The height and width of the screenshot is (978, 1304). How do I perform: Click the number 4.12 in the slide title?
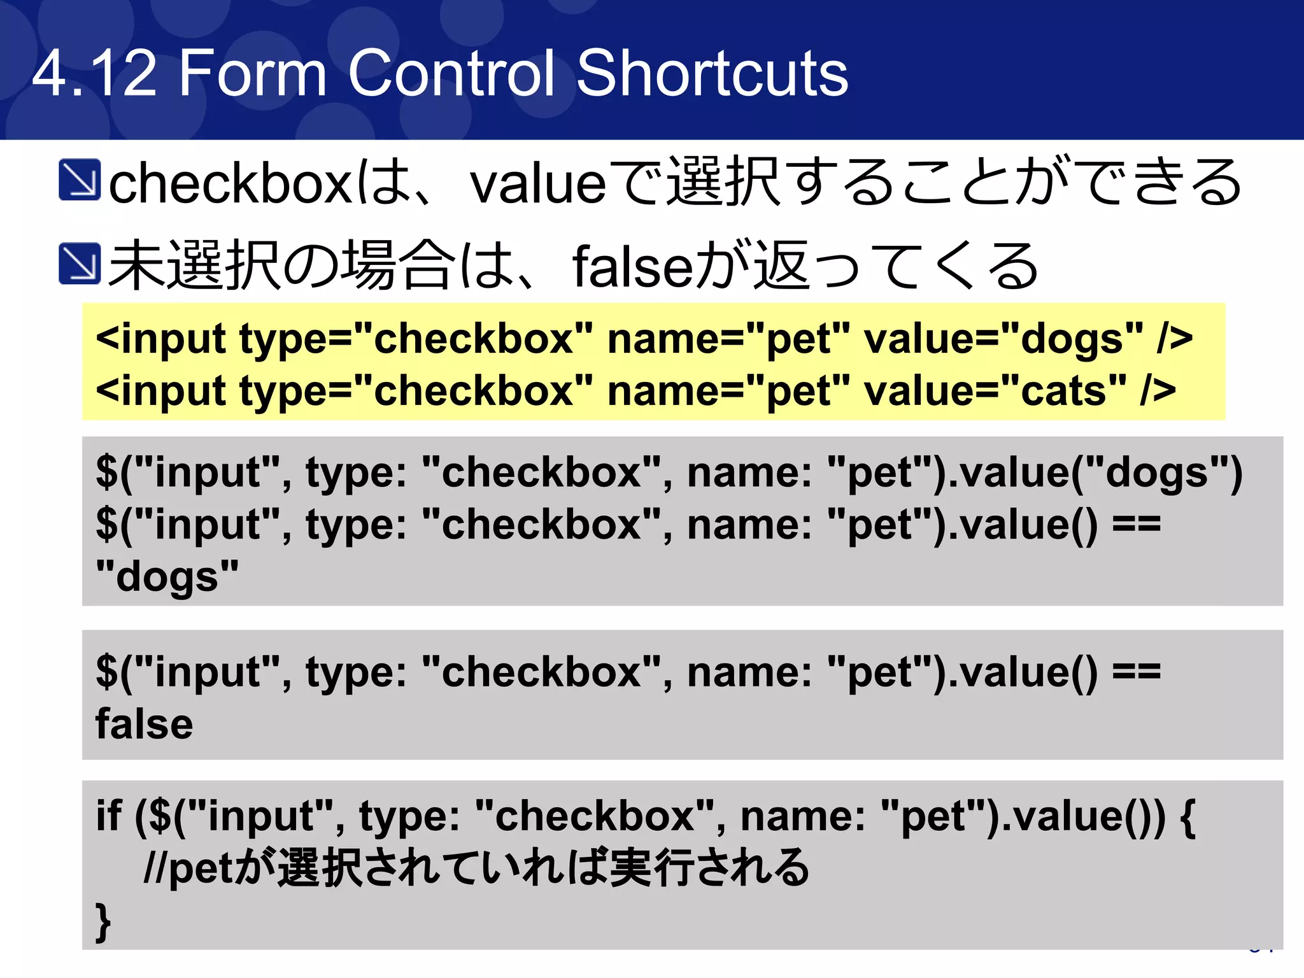(94, 74)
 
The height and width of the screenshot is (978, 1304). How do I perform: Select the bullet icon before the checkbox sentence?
(79, 180)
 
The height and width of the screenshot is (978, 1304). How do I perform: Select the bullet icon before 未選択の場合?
(79, 263)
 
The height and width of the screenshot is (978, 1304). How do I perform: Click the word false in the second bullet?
(630, 267)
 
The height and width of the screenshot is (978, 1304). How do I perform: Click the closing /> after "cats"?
(1158, 390)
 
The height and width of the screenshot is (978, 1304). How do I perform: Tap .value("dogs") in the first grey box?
(1095, 473)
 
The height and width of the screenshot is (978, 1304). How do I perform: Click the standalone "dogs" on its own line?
(167, 576)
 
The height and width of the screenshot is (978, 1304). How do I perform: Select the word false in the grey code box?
(144, 725)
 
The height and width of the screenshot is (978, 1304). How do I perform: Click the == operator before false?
(1137, 672)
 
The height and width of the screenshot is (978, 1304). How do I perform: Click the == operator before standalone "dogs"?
(1137, 525)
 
